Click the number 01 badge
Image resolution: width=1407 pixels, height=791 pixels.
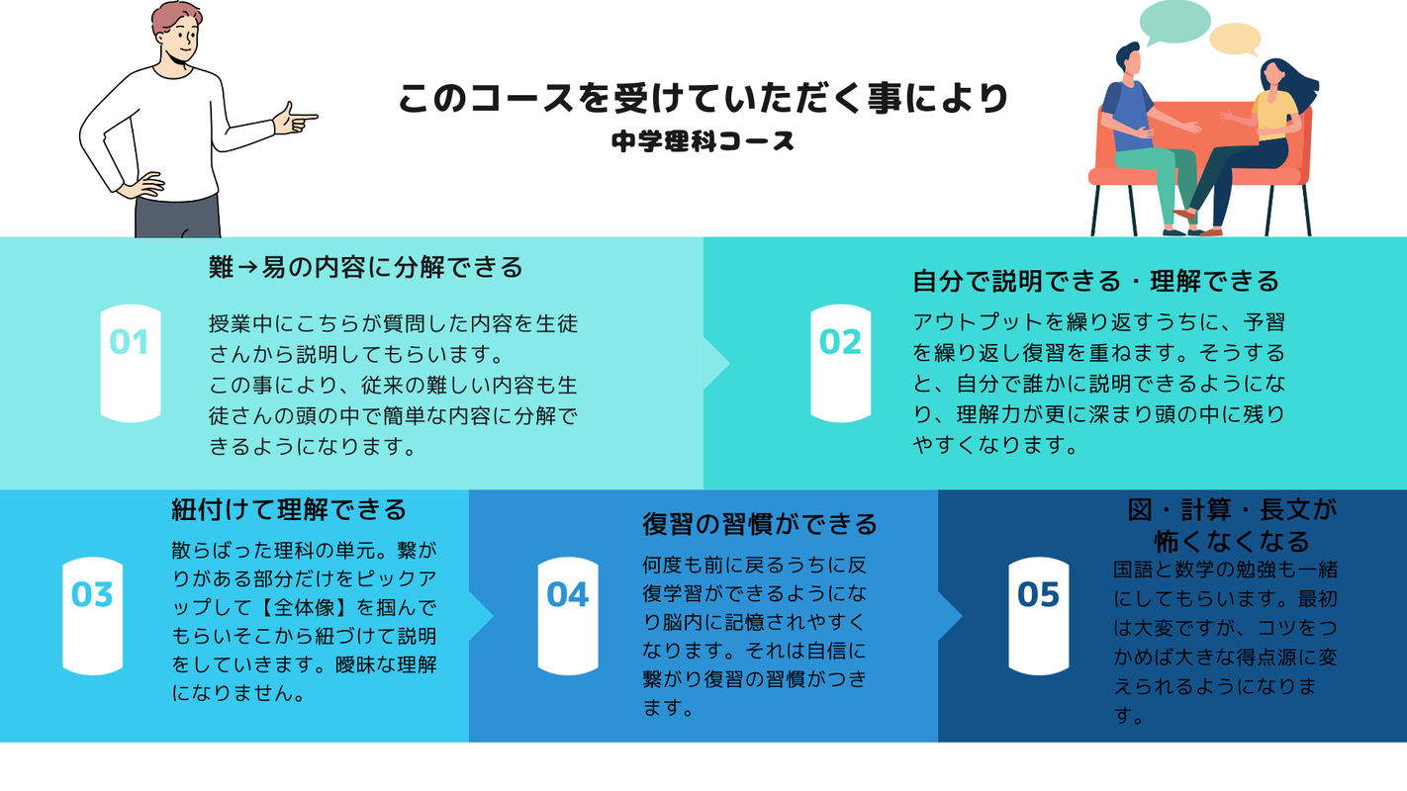(131, 363)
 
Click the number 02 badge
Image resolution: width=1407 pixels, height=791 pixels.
(840, 363)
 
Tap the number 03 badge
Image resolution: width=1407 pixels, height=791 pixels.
(92, 615)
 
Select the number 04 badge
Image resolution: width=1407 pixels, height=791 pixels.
(568, 615)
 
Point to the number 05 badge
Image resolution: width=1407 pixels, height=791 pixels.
(1038, 615)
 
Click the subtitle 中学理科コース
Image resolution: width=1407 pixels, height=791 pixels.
(703, 141)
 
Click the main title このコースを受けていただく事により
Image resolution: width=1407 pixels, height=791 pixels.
(703, 99)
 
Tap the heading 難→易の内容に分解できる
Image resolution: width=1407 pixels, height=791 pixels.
(365, 267)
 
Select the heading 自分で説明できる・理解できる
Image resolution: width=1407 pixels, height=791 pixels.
(1095, 281)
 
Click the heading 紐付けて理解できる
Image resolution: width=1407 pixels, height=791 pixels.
(289, 510)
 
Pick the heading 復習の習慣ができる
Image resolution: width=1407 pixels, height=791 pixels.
(759, 524)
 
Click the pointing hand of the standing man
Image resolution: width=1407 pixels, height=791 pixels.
(295, 118)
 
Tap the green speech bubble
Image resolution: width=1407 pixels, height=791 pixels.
(1174, 23)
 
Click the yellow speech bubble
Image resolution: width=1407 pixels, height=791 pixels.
(1235, 40)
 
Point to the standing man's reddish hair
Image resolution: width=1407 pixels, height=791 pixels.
(174, 18)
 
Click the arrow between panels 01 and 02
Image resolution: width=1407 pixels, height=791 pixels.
(716, 364)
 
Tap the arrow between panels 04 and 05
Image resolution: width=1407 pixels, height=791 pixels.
(950, 616)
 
